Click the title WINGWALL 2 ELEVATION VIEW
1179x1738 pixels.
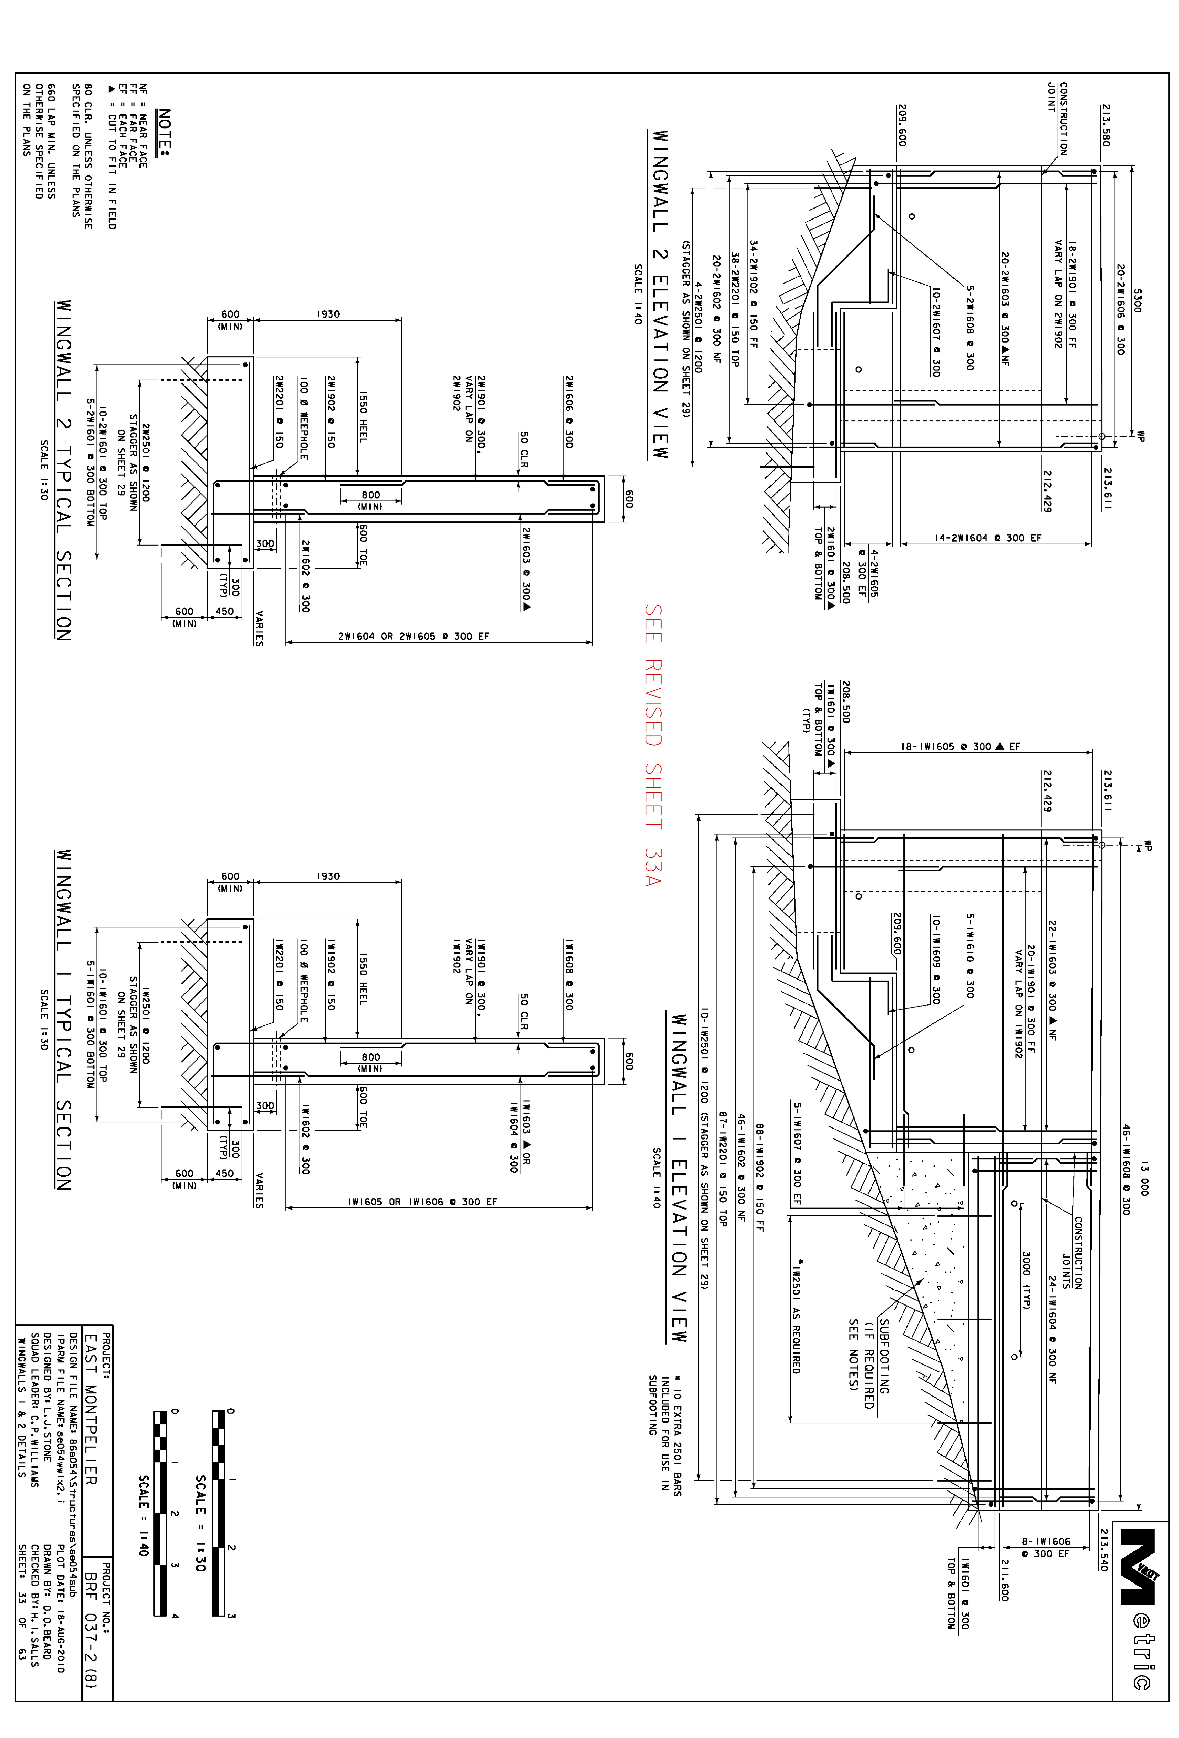pyautogui.click(x=659, y=295)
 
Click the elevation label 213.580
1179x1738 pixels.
pyautogui.click(x=1106, y=125)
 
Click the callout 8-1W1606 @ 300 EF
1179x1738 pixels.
pyautogui.click(x=1046, y=1547)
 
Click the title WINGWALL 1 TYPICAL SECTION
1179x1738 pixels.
pyautogui.click(x=63, y=1019)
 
